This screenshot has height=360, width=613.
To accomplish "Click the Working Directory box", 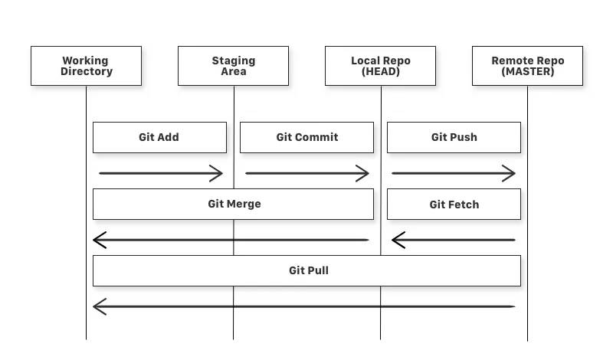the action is click(86, 66).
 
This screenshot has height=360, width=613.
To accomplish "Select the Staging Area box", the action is click(234, 66).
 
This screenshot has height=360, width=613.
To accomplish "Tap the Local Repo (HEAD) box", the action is click(380, 66).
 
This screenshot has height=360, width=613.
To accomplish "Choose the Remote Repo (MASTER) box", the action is click(527, 66).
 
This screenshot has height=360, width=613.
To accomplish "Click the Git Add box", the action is click(159, 137).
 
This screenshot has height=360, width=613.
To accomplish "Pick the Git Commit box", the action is click(307, 137).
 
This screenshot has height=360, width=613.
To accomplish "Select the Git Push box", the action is click(454, 137).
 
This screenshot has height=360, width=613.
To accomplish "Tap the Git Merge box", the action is click(234, 204).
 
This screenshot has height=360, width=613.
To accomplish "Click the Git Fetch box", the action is click(454, 204).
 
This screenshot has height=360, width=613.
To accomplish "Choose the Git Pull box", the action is click(307, 270).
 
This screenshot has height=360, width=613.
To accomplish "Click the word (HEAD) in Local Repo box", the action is click(380, 71).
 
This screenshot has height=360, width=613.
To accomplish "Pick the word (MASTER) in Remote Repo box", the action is click(528, 71).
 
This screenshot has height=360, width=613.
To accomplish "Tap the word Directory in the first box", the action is click(87, 71).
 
